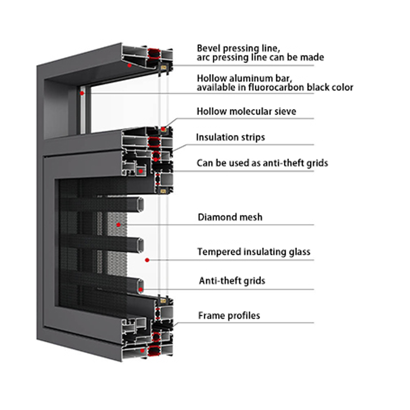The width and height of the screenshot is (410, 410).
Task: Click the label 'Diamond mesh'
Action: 230,217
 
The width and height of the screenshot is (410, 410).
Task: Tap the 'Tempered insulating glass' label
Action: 254,252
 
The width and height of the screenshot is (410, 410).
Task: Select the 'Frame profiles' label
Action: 229,315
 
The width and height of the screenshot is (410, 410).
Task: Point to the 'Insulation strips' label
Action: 231,137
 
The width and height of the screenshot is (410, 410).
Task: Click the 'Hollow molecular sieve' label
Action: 247,111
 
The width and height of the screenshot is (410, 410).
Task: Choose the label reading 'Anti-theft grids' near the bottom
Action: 232,281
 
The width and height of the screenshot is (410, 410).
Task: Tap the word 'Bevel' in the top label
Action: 208,48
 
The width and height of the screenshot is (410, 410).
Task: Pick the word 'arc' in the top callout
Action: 203,57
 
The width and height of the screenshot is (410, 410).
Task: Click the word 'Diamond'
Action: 215,217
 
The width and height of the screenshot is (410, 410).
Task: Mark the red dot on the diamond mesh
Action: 118,224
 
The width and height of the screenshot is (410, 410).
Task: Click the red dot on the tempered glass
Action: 147,260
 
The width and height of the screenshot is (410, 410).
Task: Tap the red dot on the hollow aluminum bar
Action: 81,93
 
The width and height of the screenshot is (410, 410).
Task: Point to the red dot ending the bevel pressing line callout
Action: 130,65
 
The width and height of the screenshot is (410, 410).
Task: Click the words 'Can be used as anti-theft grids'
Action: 262,163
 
